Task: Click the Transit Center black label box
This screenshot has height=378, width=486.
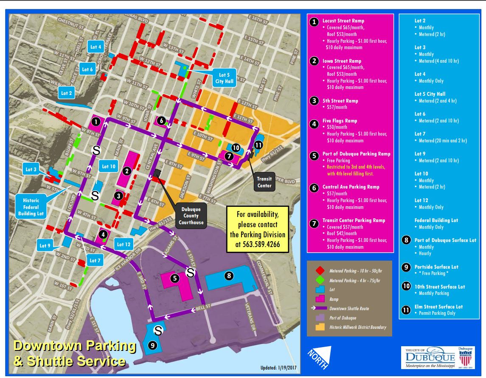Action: click(x=264, y=181)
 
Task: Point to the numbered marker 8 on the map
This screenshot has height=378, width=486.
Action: click(x=229, y=276)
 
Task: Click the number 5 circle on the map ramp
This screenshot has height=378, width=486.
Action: click(x=174, y=278)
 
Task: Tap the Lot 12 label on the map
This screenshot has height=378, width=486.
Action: click(x=124, y=244)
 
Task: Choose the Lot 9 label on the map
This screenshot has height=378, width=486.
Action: click(x=45, y=245)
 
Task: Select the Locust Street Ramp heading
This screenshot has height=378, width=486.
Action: click(x=343, y=20)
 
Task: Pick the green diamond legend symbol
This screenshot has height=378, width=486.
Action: click(x=318, y=281)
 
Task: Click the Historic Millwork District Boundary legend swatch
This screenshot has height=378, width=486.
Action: click(x=318, y=327)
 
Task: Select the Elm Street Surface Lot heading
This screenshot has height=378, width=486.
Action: click(x=438, y=306)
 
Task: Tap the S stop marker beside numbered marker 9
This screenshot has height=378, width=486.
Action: click(x=158, y=329)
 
